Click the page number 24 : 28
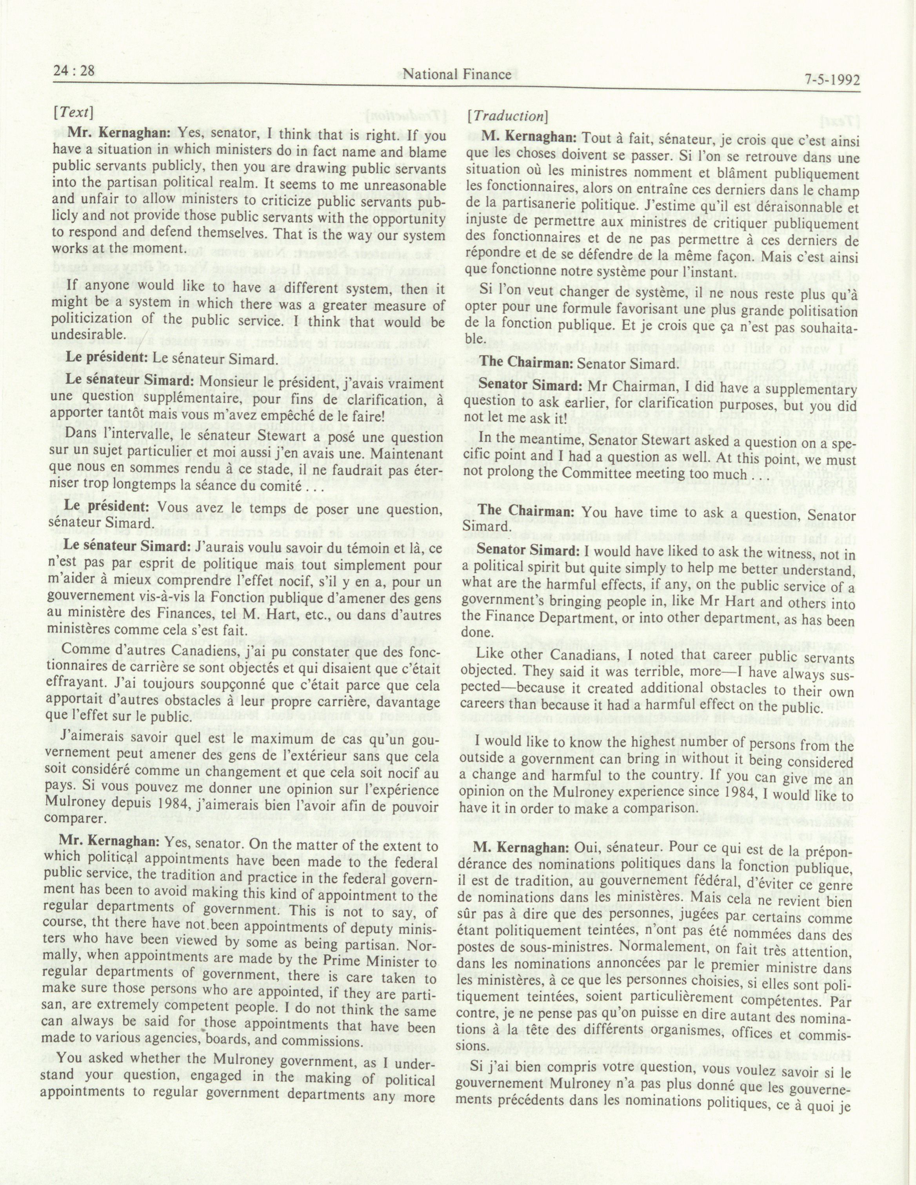coord(75,71)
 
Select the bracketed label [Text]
coord(73,112)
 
